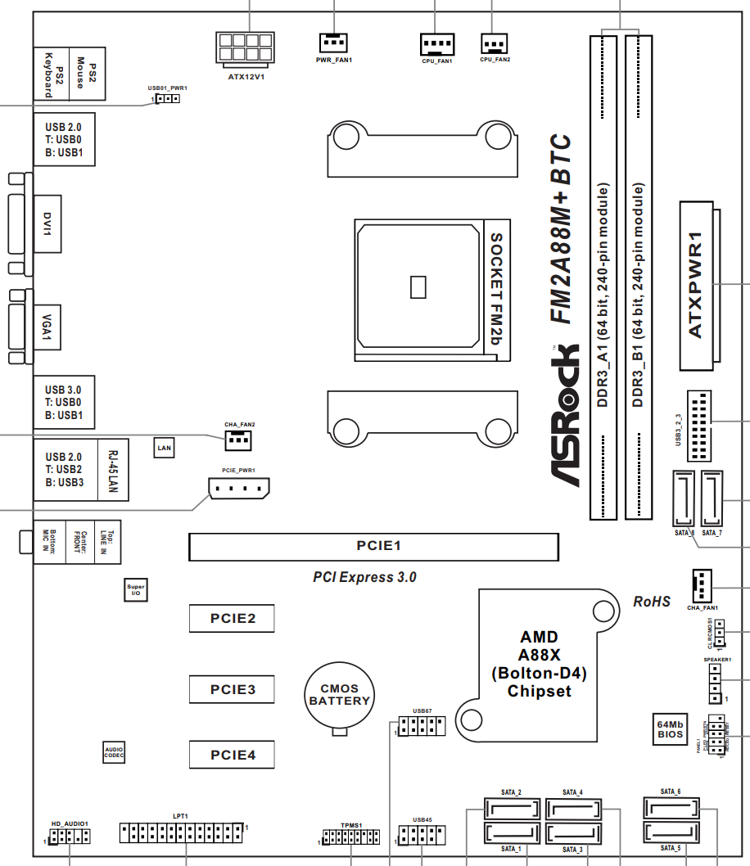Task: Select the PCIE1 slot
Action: click(x=373, y=546)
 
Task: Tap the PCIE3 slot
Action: click(x=232, y=689)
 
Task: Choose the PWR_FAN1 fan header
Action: click(x=333, y=41)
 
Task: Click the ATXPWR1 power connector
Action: click(x=696, y=282)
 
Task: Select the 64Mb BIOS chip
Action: click(x=671, y=728)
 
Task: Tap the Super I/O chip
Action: click(x=136, y=589)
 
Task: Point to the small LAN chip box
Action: click(x=165, y=447)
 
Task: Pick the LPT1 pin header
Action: click(x=182, y=833)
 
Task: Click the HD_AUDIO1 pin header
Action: click(x=69, y=837)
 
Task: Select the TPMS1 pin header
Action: click(x=350, y=837)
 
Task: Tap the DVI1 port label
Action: click(x=47, y=223)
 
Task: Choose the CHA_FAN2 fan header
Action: click(x=238, y=440)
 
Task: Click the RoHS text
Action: click(x=652, y=602)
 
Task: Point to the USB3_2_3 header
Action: click(x=698, y=426)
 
